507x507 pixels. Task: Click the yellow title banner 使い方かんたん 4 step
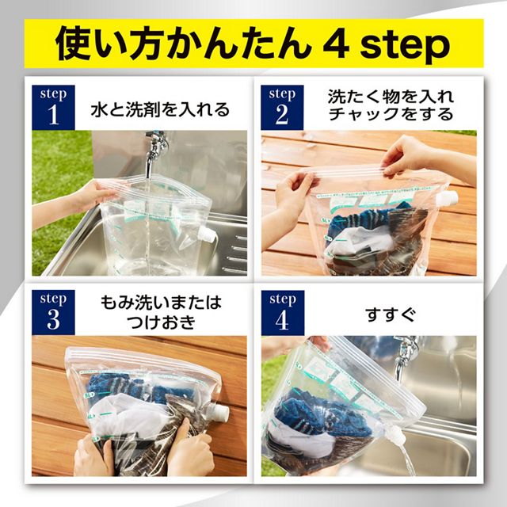[253, 45]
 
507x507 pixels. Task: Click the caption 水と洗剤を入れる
[161, 109]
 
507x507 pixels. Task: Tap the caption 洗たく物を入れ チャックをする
[391, 105]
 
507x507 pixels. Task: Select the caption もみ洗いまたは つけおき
[161, 312]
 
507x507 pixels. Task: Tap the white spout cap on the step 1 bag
[207, 234]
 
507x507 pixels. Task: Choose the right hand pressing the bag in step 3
[190, 452]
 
